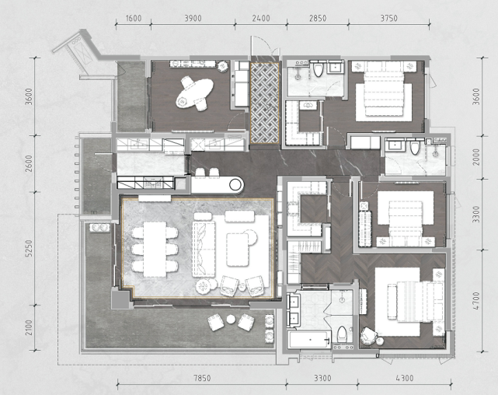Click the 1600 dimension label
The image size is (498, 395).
coord(134,18)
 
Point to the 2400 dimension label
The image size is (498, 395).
coord(261,18)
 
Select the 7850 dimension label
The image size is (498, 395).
coord(202,378)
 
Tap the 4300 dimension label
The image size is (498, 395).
coord(405,378)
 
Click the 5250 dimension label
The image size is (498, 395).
coord(29,248)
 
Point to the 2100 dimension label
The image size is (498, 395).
coord(29,327)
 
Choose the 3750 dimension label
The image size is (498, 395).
coord(388,18)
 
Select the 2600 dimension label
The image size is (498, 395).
coord(29,163)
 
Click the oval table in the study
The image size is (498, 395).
coord(194,93)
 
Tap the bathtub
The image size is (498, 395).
coord(310,339)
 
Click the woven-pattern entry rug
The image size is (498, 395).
coord(265,103)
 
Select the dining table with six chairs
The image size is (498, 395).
coord(155,249)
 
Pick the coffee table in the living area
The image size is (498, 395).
coord(237,250)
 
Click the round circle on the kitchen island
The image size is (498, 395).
coord(235,184)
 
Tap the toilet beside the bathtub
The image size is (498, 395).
coord(342,334)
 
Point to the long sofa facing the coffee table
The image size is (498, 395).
coord(204,249)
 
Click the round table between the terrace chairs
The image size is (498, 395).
coord(231,319)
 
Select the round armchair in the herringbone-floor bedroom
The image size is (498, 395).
coord(368,336)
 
